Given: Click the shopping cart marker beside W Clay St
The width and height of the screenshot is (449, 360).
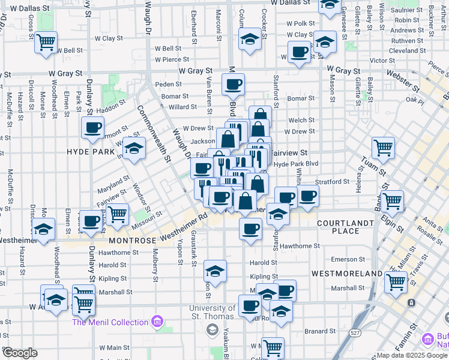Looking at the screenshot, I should pos(46,43).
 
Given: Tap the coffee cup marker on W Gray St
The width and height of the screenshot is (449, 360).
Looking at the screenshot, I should pos(233,84).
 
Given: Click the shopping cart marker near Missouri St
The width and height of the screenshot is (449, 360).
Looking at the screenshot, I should pos(117,214).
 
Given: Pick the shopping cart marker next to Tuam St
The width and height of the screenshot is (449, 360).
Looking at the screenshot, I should pos(382,147).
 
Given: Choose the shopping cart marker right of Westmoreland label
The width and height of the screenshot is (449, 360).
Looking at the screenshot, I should pos(396,281).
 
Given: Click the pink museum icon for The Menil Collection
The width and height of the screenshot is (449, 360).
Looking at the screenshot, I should pos(157,322).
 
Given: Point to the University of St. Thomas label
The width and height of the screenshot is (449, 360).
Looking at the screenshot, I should pos(212,313).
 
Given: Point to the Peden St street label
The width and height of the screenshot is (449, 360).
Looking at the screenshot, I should pos(168,85).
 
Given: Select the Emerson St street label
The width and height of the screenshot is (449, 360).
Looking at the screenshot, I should pos(344,259).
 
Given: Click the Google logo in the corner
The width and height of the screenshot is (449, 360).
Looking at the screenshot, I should pos(20,352).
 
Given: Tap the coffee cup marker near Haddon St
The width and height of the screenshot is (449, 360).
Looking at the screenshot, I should pos(93,127).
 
